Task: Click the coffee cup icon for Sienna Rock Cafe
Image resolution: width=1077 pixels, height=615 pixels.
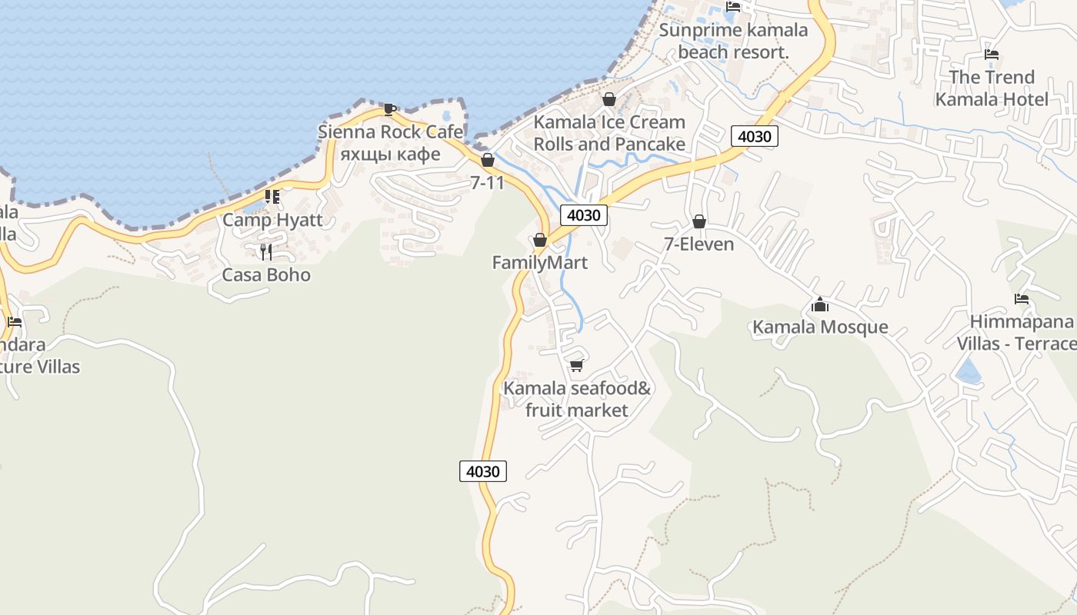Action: (x=390, y=109)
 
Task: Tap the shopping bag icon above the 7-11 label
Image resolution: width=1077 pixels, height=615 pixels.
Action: (x=487, y=160)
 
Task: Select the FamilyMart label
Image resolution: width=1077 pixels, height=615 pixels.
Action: (x=540, y=263)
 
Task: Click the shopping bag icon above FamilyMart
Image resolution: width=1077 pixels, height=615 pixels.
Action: (x=540, y=241)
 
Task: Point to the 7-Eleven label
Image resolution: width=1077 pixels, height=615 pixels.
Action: (x=699, y=244)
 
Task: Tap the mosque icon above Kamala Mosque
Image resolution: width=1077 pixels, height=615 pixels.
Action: (x=820, y=305)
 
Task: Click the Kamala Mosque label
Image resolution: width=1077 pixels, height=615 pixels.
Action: (x=820, y=327)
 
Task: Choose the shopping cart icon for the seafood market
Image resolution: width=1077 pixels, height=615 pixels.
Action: (x=577, y=365)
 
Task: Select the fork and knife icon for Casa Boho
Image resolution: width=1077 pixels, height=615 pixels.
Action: (x=266, y=252)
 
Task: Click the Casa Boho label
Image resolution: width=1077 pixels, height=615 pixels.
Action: (x=266, y=275)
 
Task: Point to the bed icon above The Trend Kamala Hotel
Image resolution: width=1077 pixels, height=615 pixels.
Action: (x=992, y=55)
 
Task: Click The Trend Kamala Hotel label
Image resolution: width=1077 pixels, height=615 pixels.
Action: (x=992, y=88)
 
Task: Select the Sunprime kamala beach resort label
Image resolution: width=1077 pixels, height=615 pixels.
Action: (x=734, y=42)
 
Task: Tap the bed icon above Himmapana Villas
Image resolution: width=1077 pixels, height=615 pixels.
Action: (x=1022, y=299)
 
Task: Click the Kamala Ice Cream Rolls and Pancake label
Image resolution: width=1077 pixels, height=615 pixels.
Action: (x=609, y=133)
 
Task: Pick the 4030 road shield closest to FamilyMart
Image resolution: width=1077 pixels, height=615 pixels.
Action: (x=583, y=215)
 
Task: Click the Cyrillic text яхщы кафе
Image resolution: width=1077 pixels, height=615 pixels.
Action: (x=390, y=154)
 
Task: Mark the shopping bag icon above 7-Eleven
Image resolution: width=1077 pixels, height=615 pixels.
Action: (x=699, y=222)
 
